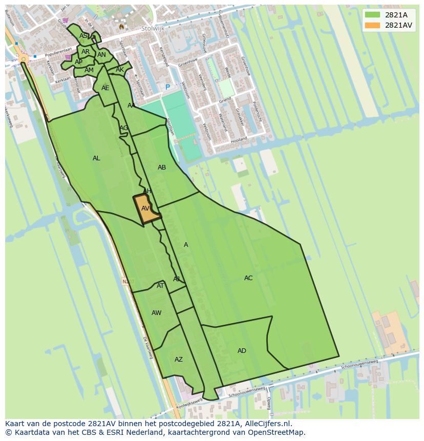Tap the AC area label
tap(248, 278)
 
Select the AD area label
tap(242, 351)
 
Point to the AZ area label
tap(178, 360)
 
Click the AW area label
tap(156, 313)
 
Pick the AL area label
tap(96, 158)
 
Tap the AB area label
tap(162, 167)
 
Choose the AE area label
tap(105, 88)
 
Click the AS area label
tap(83, 36)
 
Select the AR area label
tap(86, 52)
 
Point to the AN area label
tap(101, 55)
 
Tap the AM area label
tap(89, 70)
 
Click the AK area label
tap(119, 70)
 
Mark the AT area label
tap(160, 286)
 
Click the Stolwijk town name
tap(153, 29)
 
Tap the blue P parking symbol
tap(167, 88)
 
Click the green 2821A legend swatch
tap(372, 15)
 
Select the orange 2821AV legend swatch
tap(372, 25)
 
